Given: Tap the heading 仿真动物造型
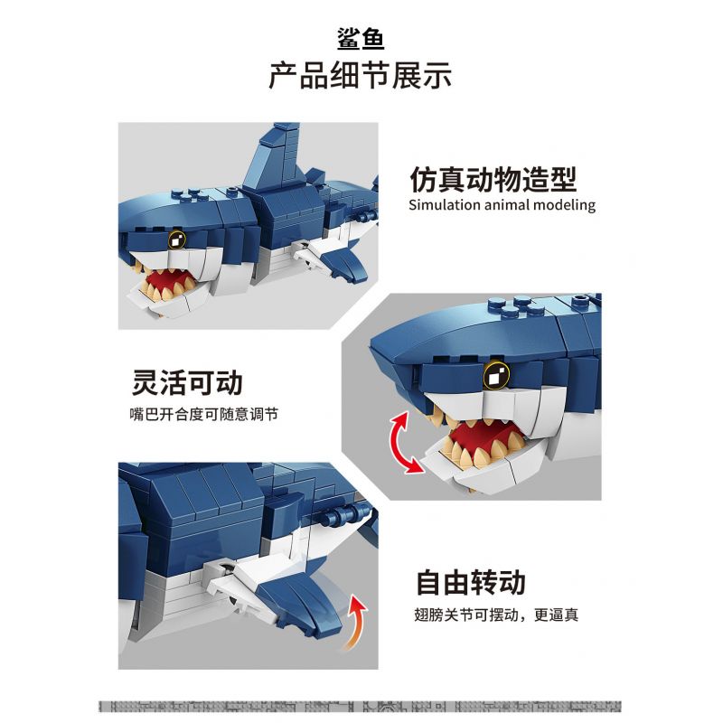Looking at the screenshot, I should coord(493,179).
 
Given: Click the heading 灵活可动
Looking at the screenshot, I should coord(187,382).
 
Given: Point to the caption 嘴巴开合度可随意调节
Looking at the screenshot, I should coord(203,415).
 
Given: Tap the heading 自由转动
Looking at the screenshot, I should coord(470,582).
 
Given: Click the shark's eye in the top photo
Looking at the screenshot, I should coord(177,239).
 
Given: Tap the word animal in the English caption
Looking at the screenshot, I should coord(512,205).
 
